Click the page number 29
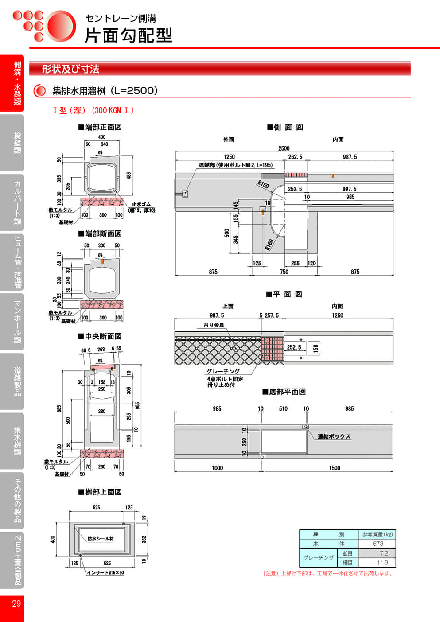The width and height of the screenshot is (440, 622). pyautogui.click(x=16, y=603)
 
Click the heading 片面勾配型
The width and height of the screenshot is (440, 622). pyautogui.click(x=128, y=35)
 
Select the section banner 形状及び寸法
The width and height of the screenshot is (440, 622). pyautogui.click(x=70, y=69)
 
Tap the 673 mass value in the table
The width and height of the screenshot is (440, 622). pyautogui.click(x=378, y=544)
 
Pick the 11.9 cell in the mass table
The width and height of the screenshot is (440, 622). pyautogui.click(x=382, y=563)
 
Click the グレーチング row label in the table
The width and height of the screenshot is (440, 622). pyautogui.click(x=318, y=558)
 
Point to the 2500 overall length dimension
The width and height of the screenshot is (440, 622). pyautogui.click(x=284, y=148)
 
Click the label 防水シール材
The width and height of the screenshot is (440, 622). pyautogui.click(x=101, y=539)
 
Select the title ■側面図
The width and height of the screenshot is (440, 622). pyautogui.click(x=285, y=127)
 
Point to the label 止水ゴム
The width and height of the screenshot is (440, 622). pyautogui.click(x=141, y=205)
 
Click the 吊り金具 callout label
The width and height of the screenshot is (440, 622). pyautogui.click(x=214, y=325)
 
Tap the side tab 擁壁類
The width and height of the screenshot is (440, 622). pyautogui.click(x=17, y=143)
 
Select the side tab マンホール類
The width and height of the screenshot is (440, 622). pyautogui.click(x=17, y=322)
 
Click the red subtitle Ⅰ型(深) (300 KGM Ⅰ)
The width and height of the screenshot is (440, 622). pyautogui.click(x=93, y=110)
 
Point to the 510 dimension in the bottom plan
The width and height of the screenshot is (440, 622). pyautogui.click(x=283, y=409)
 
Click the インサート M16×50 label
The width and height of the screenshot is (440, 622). pyautogui.click(x=105, y=573)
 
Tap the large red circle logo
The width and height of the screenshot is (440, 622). pyautogui.click(x=61, y=26)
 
